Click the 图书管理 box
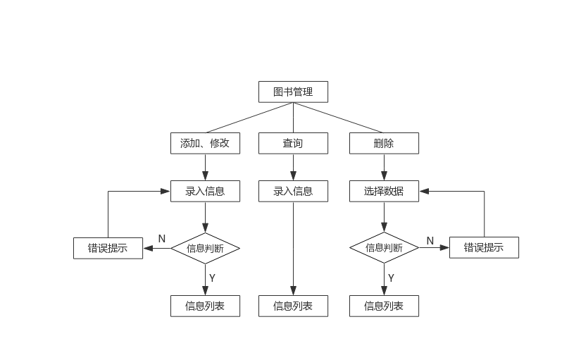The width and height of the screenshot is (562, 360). point(293,92)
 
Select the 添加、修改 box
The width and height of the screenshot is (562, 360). point(205,144)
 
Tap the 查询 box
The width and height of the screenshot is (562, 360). point(293,144)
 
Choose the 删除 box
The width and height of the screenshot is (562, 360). point(385,144)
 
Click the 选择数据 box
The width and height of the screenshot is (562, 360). point(385,191)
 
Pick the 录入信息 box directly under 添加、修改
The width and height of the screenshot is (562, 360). point(205,191)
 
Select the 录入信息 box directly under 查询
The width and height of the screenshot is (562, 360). point(293,191)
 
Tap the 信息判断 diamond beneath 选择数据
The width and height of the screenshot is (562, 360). point(385,248)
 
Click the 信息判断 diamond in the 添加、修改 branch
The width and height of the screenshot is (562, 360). point(205,248)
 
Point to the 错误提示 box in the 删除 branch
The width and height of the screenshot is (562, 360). point(484,248)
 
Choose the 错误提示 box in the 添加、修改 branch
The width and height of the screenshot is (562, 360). point(108,248)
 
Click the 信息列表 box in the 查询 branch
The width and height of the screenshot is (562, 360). point(293,306)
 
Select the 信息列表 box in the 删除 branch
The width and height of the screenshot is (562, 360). point(385,306)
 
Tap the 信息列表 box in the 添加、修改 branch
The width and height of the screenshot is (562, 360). point(205,306)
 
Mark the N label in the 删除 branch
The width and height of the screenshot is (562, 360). point(430,240)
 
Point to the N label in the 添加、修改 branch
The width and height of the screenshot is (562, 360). point(162,239)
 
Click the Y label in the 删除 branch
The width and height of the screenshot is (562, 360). point(391,277)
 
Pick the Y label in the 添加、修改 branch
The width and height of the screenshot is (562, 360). point(211,277)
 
